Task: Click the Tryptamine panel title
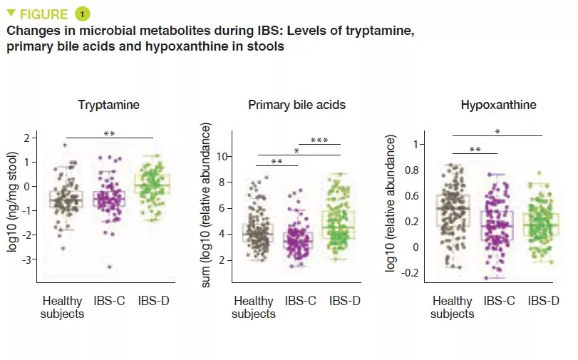108,105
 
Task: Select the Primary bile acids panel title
296,105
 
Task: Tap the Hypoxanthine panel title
498,105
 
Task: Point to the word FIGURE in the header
43,14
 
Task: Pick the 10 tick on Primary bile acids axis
222,156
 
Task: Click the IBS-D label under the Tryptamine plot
153,301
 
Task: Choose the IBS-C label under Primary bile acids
300,301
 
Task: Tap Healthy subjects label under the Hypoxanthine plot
452,307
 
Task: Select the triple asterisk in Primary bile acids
319,140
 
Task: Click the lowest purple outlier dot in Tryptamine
110,267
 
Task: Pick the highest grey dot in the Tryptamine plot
65,145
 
